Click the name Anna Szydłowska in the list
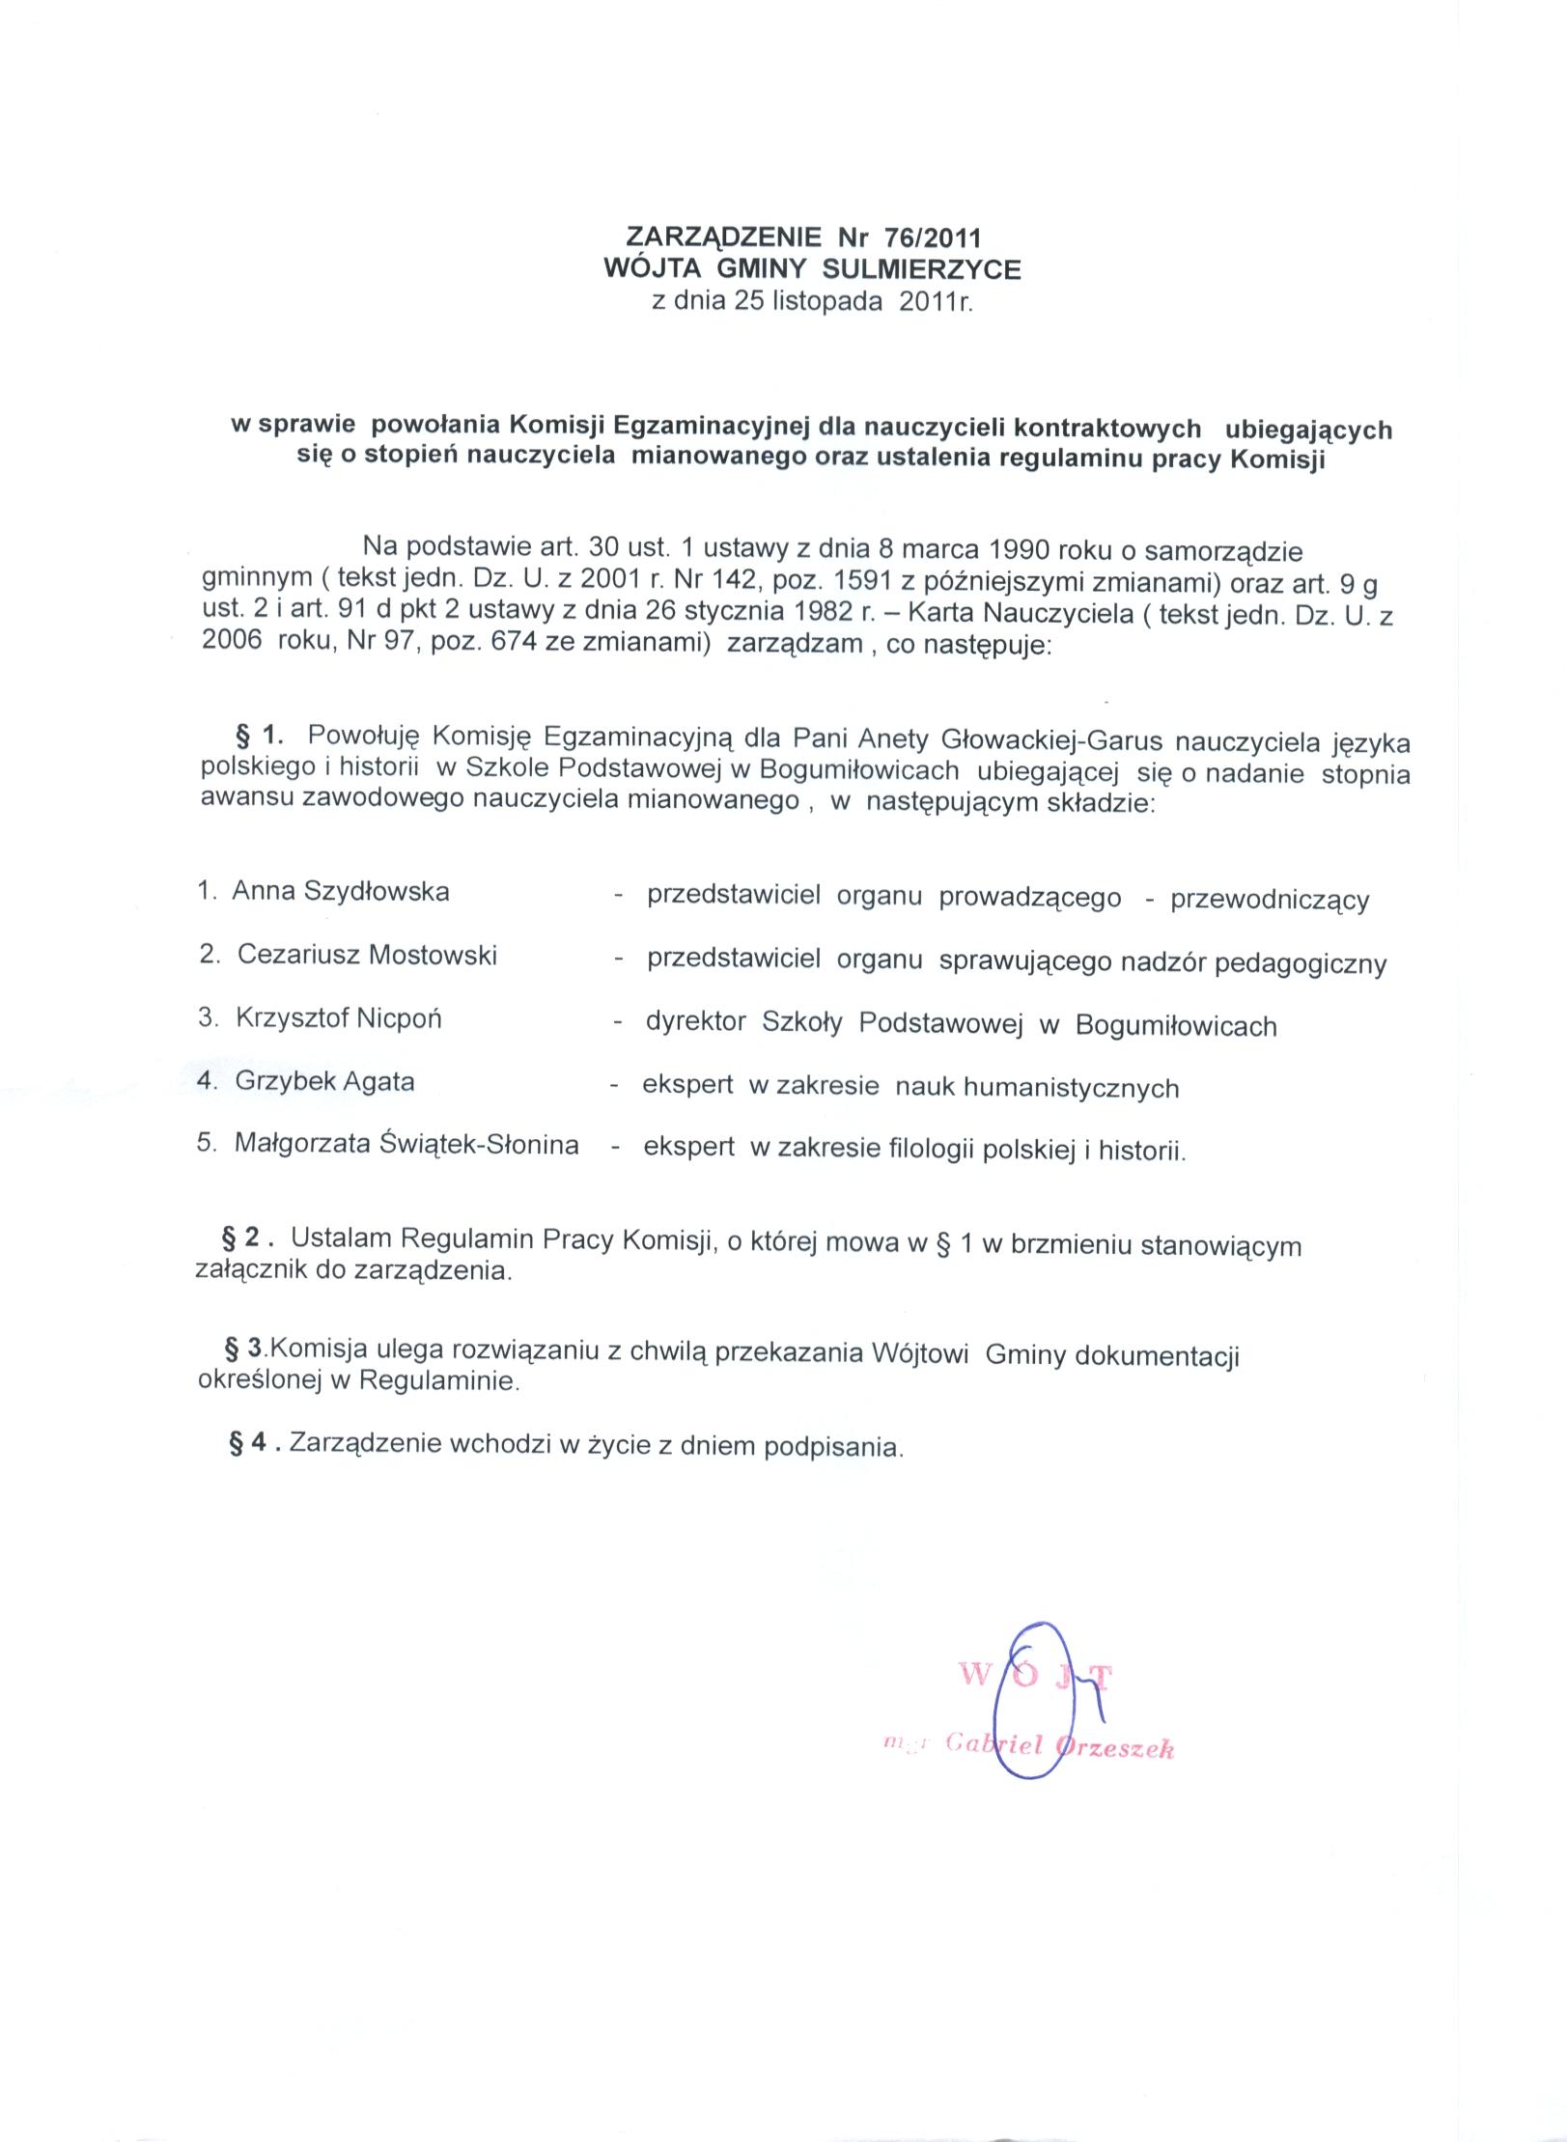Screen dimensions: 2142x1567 point(341,891)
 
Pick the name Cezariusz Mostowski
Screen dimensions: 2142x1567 point(367,955)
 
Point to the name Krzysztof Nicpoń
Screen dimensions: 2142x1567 point(338,1018)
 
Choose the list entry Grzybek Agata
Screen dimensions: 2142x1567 point(324,1081)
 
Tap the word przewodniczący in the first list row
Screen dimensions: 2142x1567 point(1270,901)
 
